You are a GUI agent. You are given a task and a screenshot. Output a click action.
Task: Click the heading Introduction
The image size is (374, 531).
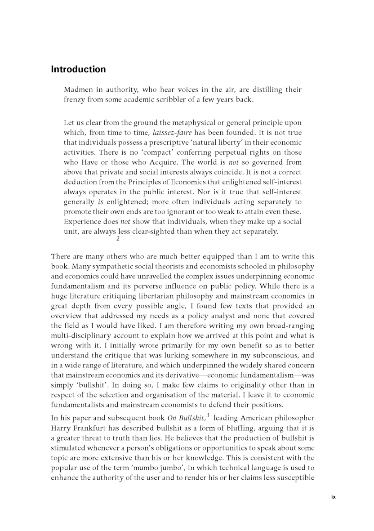[78, 70]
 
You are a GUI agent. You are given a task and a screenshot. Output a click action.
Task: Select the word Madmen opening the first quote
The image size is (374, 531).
[79, 90]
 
